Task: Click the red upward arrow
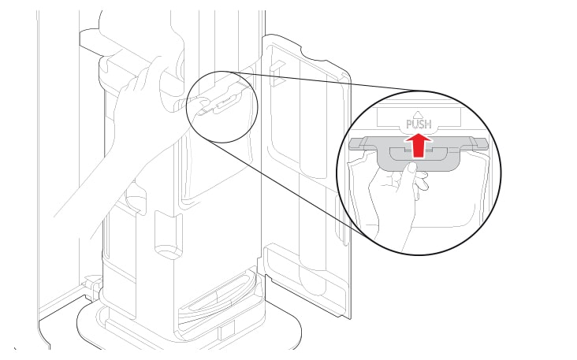click(418, 145)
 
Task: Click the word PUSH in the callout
click(419, 124)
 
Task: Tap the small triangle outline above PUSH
click(418, 115)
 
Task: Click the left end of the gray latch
click(349, 144)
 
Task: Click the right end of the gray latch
click(488, 143)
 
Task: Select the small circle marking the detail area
click(222, 106)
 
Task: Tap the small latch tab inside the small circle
click(229, 101)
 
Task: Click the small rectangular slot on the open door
click(276, 72)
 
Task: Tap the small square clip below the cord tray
click(226, 330)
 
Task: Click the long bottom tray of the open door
click(306, 280)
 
